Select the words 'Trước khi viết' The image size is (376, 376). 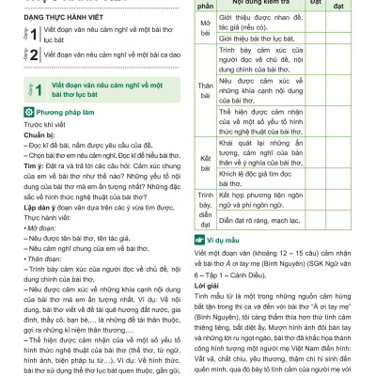point(31,123)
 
